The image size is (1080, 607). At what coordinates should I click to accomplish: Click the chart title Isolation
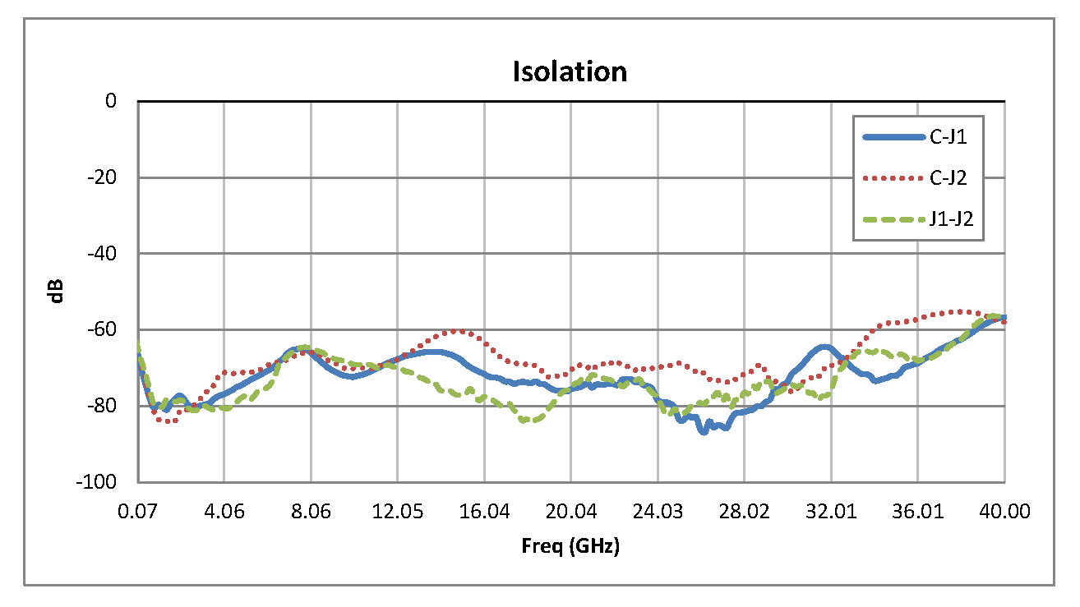point(570,72)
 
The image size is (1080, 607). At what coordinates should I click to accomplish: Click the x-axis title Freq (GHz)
point(570,546)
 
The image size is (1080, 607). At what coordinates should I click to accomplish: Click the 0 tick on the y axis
point(111,101)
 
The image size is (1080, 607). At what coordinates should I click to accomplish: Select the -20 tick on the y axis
point(105,177)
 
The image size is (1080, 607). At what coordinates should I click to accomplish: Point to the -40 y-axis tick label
point(105,254)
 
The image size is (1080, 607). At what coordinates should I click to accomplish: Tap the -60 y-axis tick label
point(105,329)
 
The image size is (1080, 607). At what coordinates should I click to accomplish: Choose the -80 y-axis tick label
point(105,406)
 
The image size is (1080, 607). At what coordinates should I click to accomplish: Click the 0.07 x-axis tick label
point(137,511)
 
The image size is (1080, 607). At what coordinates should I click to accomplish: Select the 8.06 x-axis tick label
point(311,511)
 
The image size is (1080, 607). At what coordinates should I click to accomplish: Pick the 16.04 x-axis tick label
point(484,511)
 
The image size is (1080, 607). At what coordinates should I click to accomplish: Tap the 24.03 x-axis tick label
point(658,511)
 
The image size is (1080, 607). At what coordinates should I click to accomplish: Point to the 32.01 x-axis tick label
point(831,511)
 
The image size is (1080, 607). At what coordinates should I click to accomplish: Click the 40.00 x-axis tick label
point(1004,511)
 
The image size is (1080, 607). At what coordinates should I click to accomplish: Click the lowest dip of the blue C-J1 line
point(704,431)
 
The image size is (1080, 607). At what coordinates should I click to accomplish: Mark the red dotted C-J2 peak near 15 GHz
point(457,331)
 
